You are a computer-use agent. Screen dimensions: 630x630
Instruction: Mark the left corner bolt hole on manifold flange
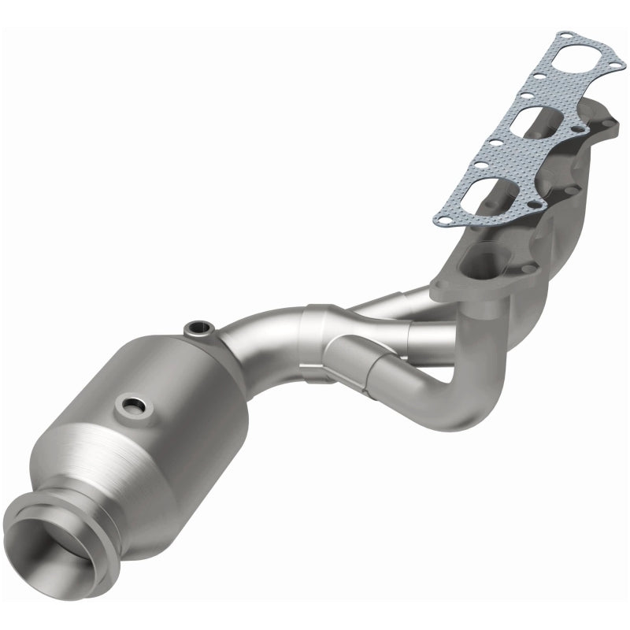tap(439, 288)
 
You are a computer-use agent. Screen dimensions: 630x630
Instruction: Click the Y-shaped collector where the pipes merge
tap(331, 339)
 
